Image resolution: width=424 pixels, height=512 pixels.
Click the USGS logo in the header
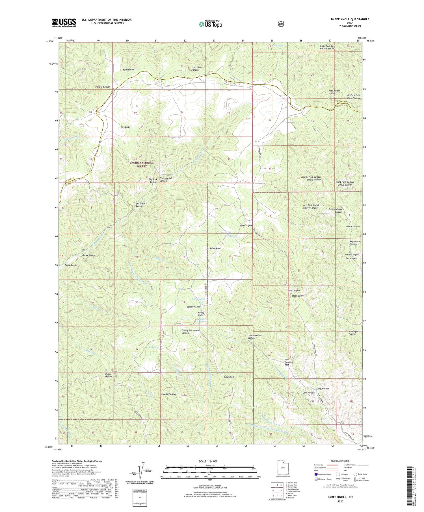pyautogui.click(x=64, y=23)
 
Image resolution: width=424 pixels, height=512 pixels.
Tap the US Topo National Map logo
pyautogui.click(x=210, y=24)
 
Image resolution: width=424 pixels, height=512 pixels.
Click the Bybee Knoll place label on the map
pyautogui.click(x=215, y=249)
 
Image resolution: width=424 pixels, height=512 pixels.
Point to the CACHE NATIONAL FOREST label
pyautogui.click(x=141, y=164)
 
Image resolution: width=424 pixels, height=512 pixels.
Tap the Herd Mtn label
pyautogui.click(x=126, y=127)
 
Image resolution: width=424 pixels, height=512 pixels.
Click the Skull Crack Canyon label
pyautogui.click(x=197, y=69)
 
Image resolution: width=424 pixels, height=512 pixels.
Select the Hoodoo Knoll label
pyautogui.click(x=194, y=306)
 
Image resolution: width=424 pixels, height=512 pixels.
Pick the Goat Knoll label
pyautogui.click(x=229, y=377)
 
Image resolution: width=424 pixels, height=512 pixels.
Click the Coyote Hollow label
pyautogui.click(x=168, y=394)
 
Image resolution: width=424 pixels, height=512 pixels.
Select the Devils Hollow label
pyautogui.click(x=353, y=226)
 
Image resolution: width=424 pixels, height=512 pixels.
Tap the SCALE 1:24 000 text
pyautogui.click(x=208, y=461)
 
